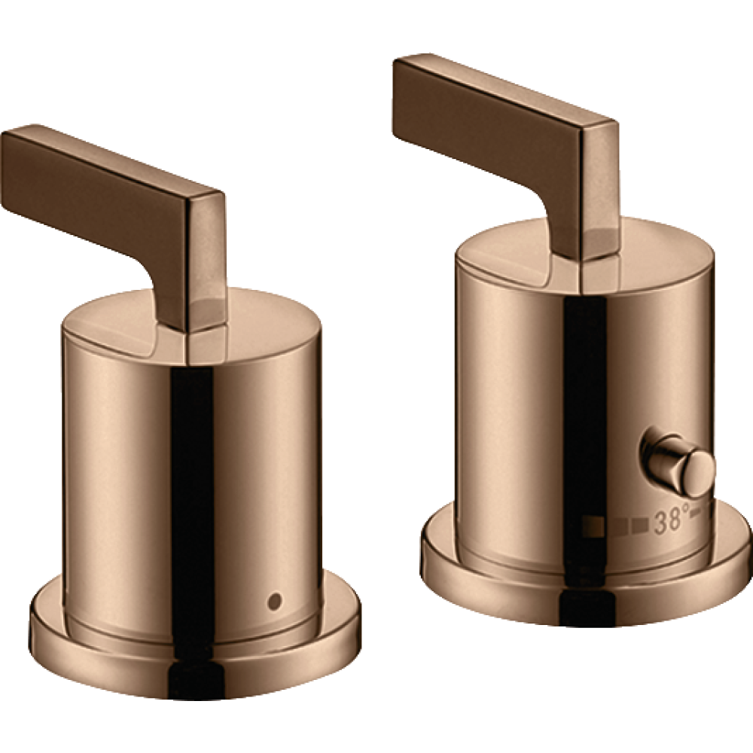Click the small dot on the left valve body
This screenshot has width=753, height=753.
(275, 599)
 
